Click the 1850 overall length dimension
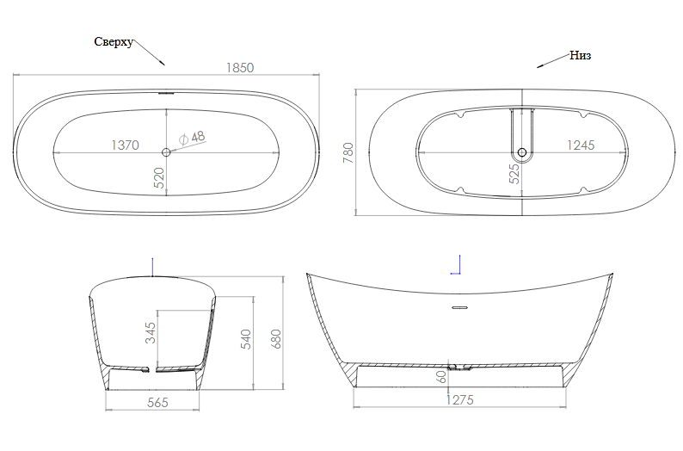[x=240, y=67]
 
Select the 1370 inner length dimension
[x=125, y=145]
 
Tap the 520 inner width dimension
[x=159, y=178]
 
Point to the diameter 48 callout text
[x=192, y=137]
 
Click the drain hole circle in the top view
[x=166, y=152]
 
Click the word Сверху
[x=114, y=42]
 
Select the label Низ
[x=580, y=55]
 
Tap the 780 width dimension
[x=348, y=152]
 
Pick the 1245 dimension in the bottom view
[x=581, y=145]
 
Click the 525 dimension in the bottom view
[x=514, y=173]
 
